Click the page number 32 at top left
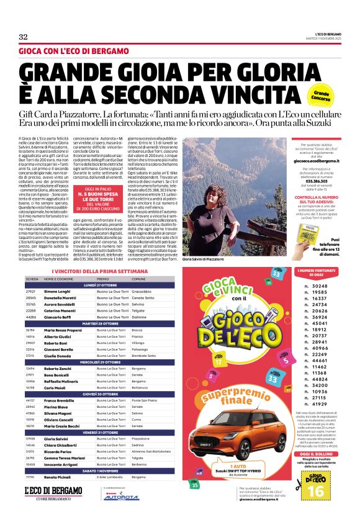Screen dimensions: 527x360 point(24,36)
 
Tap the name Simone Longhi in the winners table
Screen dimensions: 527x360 point(56,291)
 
